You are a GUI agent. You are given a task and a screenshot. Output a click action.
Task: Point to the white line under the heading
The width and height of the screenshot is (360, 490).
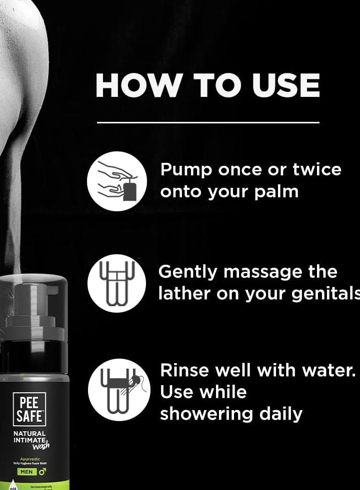(x=207, y=122)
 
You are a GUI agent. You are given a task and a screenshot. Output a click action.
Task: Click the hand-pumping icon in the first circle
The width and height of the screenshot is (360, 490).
(x=117, y=181)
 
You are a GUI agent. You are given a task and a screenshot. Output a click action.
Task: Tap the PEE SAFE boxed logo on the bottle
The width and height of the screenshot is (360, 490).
(x=29, y=409)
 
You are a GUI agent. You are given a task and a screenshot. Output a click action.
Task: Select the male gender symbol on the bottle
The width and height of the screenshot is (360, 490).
(x=42, y=471)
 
